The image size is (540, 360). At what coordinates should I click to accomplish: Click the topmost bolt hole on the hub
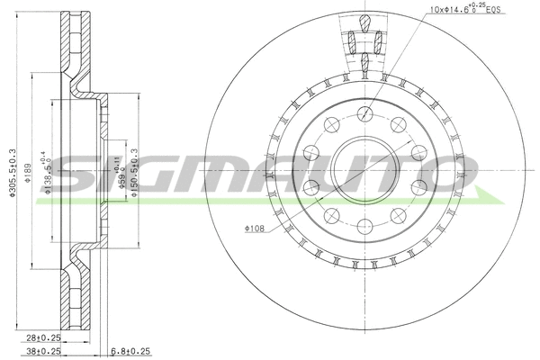[x=364, y=113]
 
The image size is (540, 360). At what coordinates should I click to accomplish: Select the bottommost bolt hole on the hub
[x=364, y=227]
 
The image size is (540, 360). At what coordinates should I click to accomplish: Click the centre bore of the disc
[x=364, y=170]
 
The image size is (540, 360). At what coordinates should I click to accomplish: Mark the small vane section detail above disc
[x=364, y=41]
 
